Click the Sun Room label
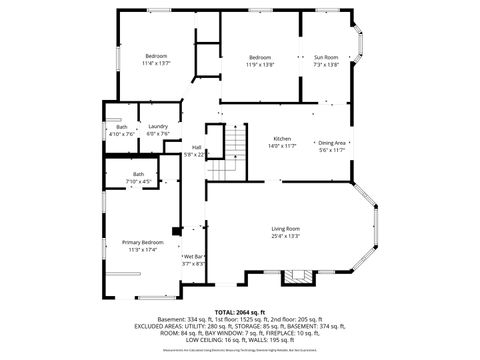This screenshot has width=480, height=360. click(326, 57)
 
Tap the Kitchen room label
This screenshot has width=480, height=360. click(283, 138)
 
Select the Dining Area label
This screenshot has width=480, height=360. click(332, 143)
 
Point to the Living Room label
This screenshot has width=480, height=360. click(285, 229)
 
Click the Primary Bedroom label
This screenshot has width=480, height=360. click(142, 242)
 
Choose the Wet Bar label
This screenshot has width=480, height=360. click(193, 257)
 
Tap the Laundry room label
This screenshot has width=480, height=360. click(158, 126)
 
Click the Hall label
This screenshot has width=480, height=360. click(197, 148)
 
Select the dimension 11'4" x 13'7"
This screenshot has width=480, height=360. click(156, 64)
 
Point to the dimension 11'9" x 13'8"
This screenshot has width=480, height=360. click(260, 64)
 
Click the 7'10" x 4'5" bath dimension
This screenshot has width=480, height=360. click(139, 181)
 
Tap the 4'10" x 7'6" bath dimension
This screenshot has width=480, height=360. click(122, 133)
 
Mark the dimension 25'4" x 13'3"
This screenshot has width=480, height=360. click(285, 236)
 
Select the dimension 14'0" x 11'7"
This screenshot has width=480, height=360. click(283, 145)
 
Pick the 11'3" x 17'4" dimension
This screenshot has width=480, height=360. click(142, 249)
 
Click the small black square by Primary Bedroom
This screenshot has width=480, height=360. click(176, 232)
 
